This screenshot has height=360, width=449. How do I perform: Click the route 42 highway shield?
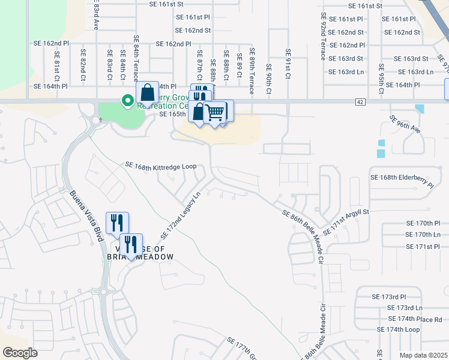tap(360, 102)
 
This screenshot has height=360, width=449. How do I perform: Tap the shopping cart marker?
tap(214, 112)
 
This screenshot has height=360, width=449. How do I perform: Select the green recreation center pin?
tap(127, 101)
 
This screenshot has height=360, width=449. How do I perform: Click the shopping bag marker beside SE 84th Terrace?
tap(147, 93)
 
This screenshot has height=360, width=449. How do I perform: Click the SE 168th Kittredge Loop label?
tap(161, 165)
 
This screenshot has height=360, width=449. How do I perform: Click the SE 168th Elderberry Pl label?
tap(402, 178)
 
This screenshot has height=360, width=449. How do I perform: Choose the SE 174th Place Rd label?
tap(415, 319)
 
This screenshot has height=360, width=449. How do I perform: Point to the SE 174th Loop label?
tap(398, 330)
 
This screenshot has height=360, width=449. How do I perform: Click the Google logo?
tap(20, 353)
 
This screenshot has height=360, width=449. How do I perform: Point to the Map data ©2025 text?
tap(423, 355)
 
